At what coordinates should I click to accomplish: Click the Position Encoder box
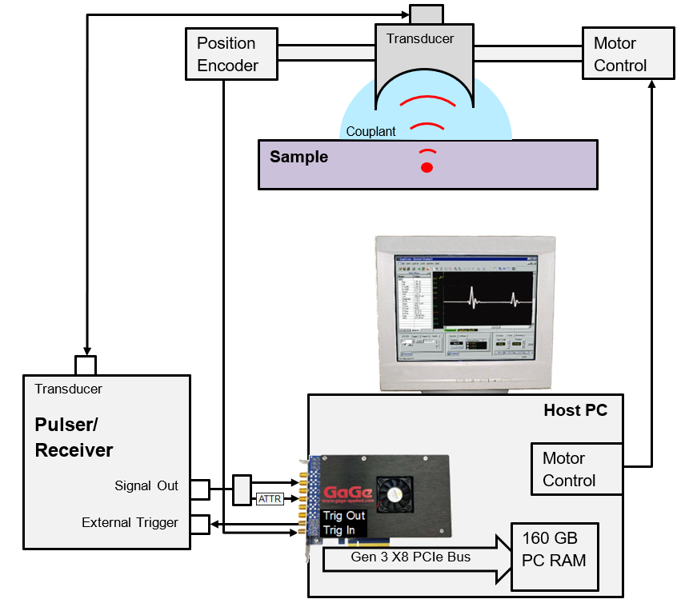[231, 54]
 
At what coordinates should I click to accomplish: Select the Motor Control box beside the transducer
[628, 54]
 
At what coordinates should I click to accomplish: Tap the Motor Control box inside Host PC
[576, 469]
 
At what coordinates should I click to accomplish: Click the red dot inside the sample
[427, 167]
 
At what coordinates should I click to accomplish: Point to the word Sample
[298, 157]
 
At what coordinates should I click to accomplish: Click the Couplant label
[371, 131]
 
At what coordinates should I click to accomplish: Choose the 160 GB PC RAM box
[554, 549]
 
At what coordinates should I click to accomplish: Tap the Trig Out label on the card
[344, 516]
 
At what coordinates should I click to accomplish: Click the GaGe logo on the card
[348, 492]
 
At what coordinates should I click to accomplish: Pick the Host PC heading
[575, 411]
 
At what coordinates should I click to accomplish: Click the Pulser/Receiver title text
[74, 437]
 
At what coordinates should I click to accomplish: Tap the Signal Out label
[146, 485]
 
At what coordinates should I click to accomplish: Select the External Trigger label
[130, 522]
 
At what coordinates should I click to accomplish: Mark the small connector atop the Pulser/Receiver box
[86, 365]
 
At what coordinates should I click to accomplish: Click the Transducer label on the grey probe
[420, 38]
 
